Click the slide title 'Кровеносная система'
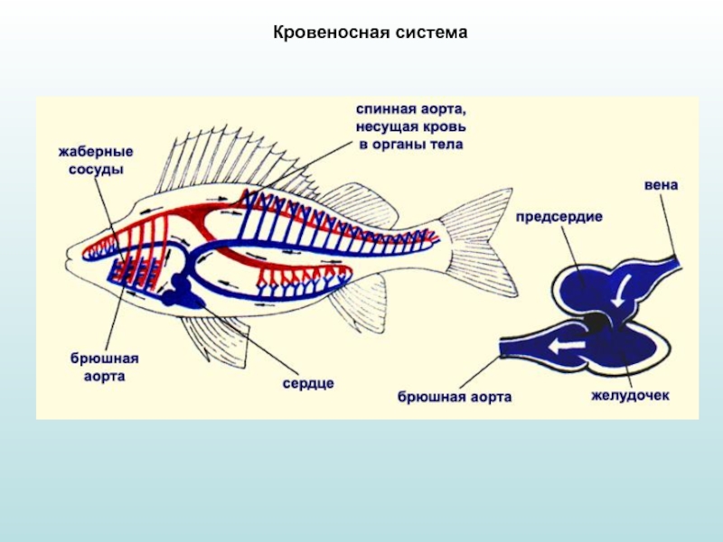click(370, 33)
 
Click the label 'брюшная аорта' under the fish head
click(99, 367)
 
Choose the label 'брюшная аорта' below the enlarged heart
click(454, 397)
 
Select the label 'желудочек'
click(630, 397)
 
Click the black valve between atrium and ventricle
click(596, 321)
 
